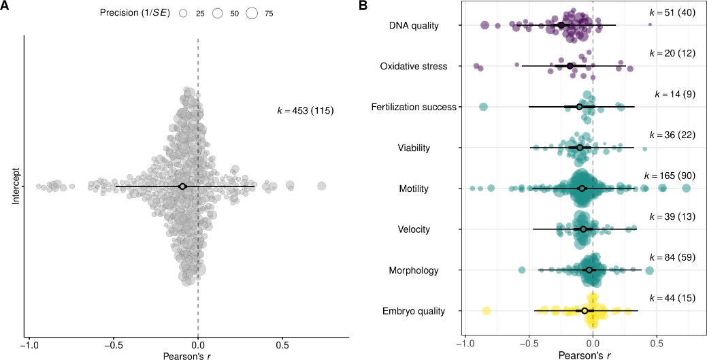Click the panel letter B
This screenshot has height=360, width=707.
point(363,5)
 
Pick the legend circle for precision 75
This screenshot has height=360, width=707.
point(252,14)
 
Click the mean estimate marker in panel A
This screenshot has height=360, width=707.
point(182,186)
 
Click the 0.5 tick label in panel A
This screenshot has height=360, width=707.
point(282,345)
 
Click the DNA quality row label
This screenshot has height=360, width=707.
point(414,26)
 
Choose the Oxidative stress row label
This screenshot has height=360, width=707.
point(414,67)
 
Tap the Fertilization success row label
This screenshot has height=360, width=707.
point(414,107)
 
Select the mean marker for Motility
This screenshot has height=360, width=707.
point(582,188)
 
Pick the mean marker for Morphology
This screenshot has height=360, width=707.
point(589,270)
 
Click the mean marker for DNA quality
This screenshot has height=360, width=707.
point(561,25)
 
